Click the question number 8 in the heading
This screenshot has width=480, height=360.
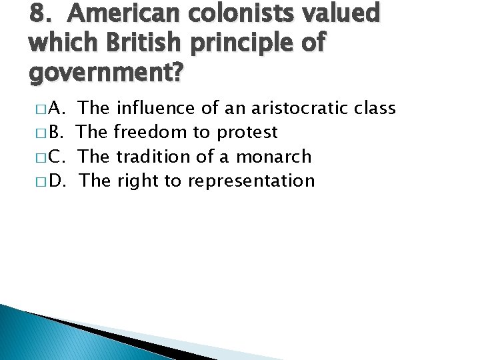click(x=39, y=14)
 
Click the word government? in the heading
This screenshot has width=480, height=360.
click(x=105, y=71)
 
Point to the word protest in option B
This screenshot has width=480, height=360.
click(x=246, y=133)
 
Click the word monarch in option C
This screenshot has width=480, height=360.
click(x=275, y=156)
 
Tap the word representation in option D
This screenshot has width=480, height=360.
click(x=251, y=181)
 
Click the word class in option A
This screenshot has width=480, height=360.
click(x=375, y=108)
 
